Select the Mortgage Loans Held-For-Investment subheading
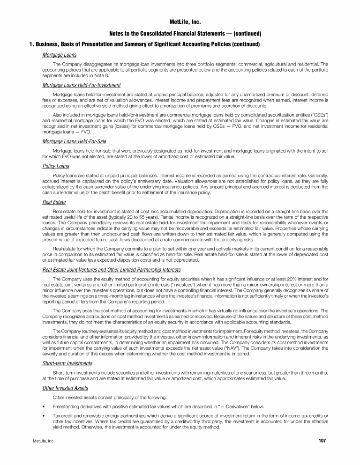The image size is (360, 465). pos(81,85)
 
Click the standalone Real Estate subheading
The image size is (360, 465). pos(54,202)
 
